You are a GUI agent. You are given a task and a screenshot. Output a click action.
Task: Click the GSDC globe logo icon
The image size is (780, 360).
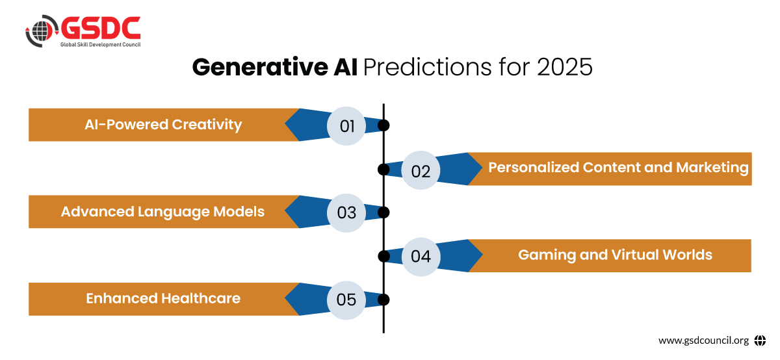[x=42, y=31]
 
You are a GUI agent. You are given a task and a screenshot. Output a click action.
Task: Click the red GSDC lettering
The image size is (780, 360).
[x=101, y=28]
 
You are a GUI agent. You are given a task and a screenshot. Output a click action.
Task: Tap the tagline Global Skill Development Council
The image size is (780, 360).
[x=100, y=45]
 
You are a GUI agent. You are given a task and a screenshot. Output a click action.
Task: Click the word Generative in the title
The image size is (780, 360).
[x=260, y=67]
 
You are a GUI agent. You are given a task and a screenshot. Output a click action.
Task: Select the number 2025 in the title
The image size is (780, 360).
[x=564, y=67]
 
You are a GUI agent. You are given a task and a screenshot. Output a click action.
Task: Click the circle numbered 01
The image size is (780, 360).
[x=346, y=125]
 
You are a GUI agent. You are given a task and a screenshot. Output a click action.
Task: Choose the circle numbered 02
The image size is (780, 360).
[x=421, y=170]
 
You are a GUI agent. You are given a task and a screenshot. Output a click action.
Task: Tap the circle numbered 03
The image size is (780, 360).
[x=346, y=212]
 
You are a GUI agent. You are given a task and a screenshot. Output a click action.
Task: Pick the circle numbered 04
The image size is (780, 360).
[x=421, y=257]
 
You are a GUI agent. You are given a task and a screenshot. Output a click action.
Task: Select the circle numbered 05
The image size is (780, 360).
[x=346, y=300]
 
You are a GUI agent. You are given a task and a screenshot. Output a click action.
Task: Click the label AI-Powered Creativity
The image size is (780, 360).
[x=163, y=125]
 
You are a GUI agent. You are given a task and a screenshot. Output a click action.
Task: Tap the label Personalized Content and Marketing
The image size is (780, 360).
[x=618, y=168]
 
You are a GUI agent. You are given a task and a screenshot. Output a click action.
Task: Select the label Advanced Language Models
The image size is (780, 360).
[x=162, y=212]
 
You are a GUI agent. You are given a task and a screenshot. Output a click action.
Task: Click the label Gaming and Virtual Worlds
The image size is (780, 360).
[x=616, y=255]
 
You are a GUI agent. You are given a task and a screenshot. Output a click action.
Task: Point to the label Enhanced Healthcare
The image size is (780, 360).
[x=163, y=298]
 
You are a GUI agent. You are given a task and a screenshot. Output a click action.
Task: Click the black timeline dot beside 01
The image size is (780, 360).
[x=383, y=125]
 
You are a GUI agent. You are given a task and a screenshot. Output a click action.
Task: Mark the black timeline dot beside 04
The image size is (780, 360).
[x=383, y=257]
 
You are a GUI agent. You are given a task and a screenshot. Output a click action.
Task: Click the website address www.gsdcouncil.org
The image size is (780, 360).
[x=703, y=341]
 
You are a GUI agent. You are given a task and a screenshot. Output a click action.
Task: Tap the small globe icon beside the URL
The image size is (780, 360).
[x=760, y=341]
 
